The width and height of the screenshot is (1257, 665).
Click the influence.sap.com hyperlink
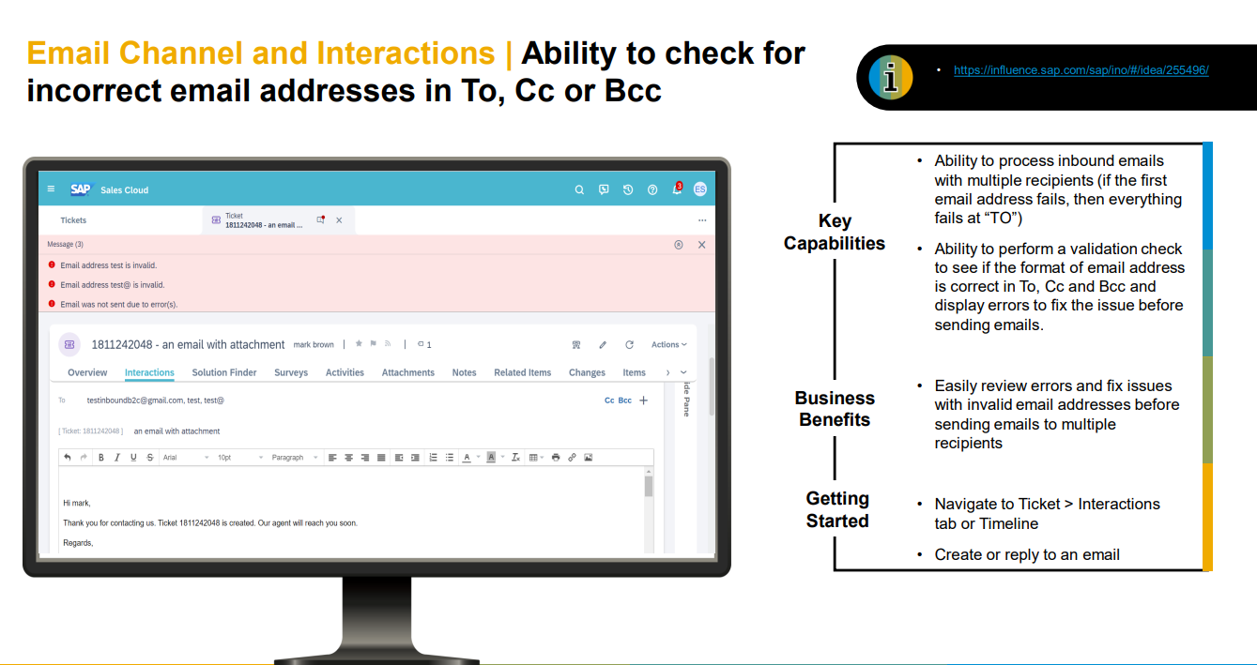click(x=1081, y=70)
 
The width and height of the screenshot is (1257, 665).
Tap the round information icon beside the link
click(x=891, y=77)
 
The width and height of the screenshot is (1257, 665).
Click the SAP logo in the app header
click(x=80, y=189)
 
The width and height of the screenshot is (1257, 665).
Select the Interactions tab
click(x=149, y=372)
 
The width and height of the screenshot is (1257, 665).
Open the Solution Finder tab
click(x=224, y=372)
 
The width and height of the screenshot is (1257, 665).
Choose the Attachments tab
click(x=408, y=372)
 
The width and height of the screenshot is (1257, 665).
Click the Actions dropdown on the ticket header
click(x=669, y=344)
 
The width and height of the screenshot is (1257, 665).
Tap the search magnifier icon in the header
click(x=579, y=190)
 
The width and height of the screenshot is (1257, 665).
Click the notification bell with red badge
click(x=678, y=189)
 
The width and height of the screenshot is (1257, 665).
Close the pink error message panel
click(x=701, y=245)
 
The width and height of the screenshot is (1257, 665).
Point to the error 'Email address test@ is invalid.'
click(x=113, y=285)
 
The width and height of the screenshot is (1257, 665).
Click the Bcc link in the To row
click(x=624, y=401)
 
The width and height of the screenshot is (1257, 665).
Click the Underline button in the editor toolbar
click(x=133, y=458)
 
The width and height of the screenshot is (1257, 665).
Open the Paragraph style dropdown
click(x=295, y=458)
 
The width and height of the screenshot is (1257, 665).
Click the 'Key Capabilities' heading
click(x=835, y=232)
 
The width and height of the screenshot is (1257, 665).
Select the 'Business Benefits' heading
click(x=835, y=408)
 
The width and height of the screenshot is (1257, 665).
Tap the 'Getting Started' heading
click(x=837, y=509)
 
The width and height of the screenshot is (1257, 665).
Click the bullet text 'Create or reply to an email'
click(x=1027, y=554)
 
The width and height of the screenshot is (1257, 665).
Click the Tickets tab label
click(x=73, y=220)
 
